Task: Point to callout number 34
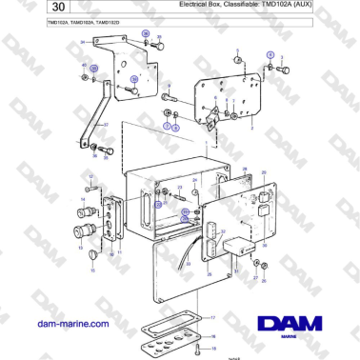pyautogui.click(x=83, y=43)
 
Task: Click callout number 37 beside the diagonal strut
pyautogui.click(x=105, y=125)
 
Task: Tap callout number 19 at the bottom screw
pyautogui.click(x=214, y=348)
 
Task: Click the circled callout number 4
pyautogui.click(x=270, y=56)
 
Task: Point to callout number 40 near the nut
pyautogui.click(x=83, y=65)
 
